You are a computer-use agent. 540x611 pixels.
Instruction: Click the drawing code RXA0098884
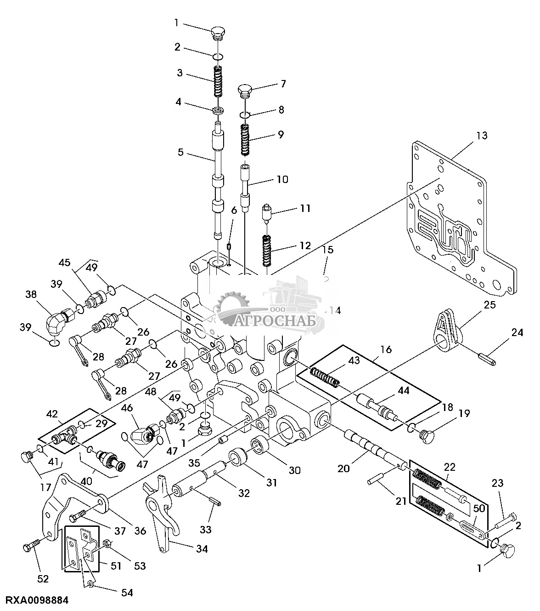(37, 600)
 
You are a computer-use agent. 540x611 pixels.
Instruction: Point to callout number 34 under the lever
(202, 549)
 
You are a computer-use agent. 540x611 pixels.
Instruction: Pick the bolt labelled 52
(31, 548)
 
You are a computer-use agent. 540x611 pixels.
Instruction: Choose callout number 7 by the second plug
(283, 84)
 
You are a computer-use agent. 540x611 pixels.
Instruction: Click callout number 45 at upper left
(65, 263)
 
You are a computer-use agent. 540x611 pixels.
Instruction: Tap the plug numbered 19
(426, 434)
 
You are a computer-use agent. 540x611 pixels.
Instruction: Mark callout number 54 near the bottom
(127, 593)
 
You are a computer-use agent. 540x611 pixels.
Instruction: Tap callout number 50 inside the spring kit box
(478, 509)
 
